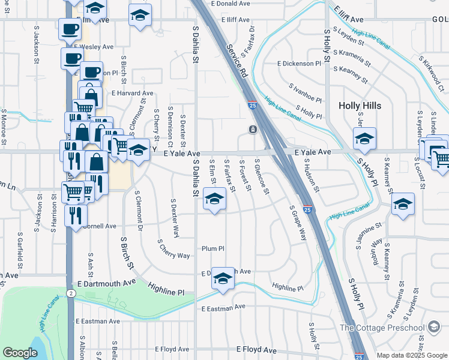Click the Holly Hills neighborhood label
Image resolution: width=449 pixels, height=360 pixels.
pos(360,106)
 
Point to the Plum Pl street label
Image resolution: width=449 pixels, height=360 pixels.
pos(212,248)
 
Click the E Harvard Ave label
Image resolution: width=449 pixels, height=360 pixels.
pos(132,94)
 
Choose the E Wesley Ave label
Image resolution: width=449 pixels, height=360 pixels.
pos(94,46)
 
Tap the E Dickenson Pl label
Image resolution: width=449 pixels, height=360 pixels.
pos(299,63)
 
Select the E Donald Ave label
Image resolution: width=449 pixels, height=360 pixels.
pos(230,4)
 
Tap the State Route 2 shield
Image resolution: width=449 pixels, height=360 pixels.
pos(71,293)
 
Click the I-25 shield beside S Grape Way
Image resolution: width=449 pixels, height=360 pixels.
pos(307,209)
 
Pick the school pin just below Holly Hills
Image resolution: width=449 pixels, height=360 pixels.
pos(364,138)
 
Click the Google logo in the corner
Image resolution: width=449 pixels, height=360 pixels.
pos(20,353)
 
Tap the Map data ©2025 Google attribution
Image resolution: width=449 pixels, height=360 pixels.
pos(411,355)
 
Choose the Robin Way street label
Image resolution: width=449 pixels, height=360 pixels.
pos(377,251)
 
